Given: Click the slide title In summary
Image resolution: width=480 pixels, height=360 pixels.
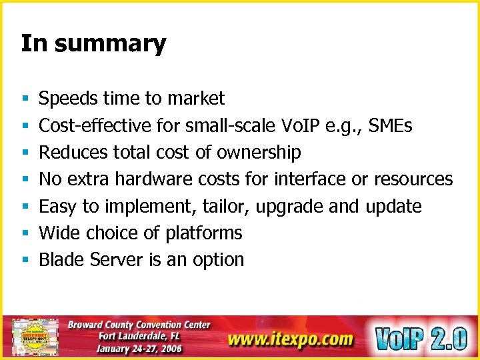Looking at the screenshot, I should (x=93, y=44).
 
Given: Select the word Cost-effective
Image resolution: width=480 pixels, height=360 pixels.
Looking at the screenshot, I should (x=96, y=125).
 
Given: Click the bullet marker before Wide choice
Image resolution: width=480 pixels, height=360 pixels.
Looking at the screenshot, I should (x=25, y=233).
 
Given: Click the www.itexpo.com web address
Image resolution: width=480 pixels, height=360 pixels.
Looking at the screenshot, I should (x=290, y=339).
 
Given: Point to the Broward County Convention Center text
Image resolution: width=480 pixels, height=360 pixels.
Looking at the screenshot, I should (x=139, y=325).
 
